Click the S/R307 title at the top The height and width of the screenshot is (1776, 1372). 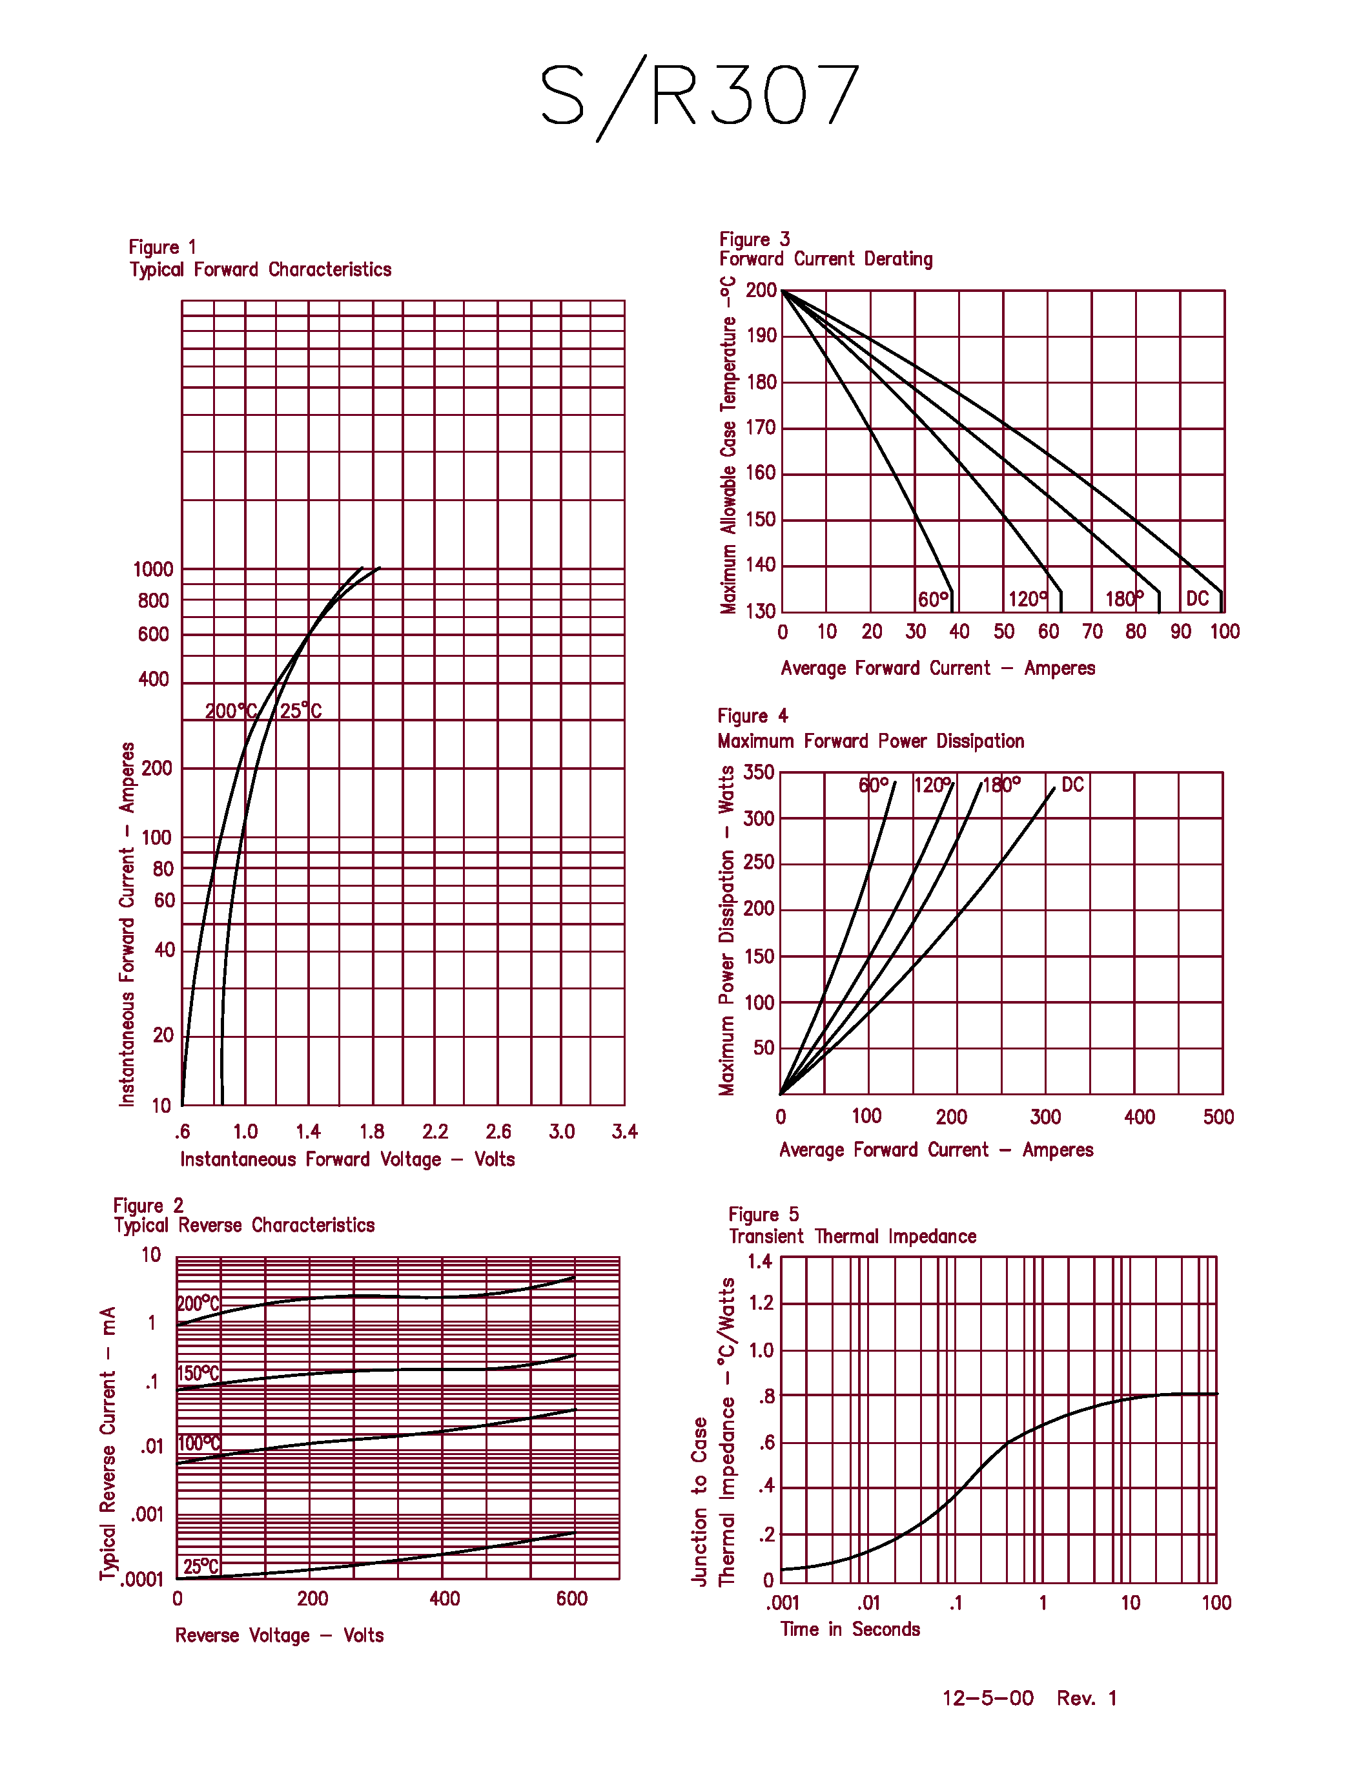coord(700,96)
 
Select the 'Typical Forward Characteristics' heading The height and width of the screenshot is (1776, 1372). coord(260,269)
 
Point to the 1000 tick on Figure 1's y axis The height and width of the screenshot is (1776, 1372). coord(153,569)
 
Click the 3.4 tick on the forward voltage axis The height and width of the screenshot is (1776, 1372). coord(624,1131)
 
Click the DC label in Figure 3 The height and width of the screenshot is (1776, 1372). coord(1197,599)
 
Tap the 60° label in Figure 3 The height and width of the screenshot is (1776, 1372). coord(933,599)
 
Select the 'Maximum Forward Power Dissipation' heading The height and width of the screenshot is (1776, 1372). coord(870,741)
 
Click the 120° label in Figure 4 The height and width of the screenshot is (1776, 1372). coord(932,785)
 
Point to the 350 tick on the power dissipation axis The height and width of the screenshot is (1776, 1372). coord(759,772)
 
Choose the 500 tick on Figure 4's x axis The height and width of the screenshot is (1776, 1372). coord(1218,1117)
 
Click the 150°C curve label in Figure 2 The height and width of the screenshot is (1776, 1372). coord(198,1374)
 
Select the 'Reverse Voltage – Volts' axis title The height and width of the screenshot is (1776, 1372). coord(279,1635)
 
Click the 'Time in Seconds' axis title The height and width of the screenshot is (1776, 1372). coord(850,1629)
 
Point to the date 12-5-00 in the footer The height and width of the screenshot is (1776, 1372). coord(988,1698)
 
